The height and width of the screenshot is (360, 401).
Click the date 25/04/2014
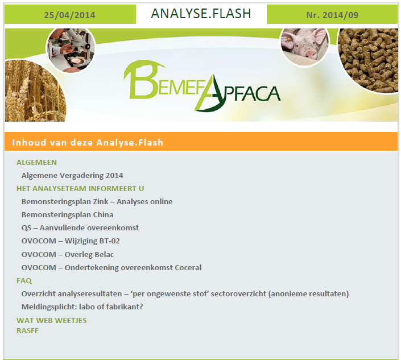coord(69,15)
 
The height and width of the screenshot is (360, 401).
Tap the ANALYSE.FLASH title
coord(201,14)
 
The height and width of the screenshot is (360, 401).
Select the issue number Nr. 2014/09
coord(332,15)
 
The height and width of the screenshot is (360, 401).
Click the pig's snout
coord(311,55)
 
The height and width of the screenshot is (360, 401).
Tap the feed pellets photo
coord(368,60)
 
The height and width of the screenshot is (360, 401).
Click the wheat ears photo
coord(35,91)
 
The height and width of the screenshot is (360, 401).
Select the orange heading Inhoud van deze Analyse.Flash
coord(88,142)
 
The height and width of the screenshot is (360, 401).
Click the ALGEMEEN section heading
coord(36,162)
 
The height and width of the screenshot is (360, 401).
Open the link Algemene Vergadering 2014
coord(72,175)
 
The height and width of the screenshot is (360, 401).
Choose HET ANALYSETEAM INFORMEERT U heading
coord(80,188)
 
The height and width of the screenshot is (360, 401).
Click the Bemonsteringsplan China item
coord(68,215)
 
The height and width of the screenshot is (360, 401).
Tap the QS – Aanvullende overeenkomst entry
coord(80,228)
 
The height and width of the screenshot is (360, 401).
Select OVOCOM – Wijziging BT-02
coord(71,241)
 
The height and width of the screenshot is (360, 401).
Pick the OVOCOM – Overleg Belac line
coord(68,254)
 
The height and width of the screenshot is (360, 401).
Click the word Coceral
coord(188,267)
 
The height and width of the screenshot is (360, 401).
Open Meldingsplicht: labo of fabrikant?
coord(82,307)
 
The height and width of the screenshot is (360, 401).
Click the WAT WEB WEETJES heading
coord(52,320)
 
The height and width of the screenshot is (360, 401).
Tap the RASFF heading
coord(28,330)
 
